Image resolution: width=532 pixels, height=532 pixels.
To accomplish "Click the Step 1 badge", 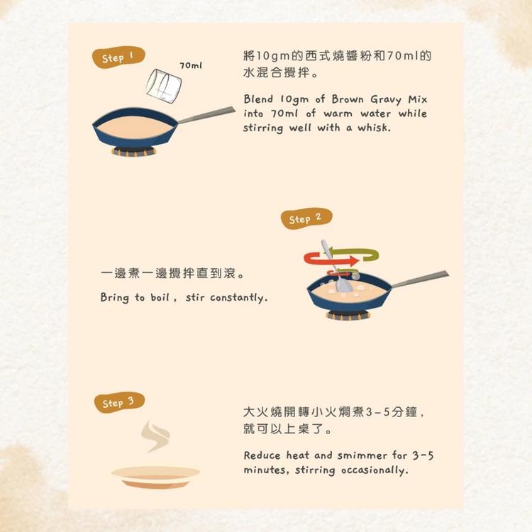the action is tap(118, 57).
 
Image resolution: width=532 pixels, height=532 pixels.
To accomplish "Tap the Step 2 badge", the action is tap(306, 218).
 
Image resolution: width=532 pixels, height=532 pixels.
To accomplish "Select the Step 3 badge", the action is tap(119, 403).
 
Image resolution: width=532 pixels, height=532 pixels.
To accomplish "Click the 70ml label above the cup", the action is tap(191, 65).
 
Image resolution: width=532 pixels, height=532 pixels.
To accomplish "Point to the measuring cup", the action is tap(164, 86).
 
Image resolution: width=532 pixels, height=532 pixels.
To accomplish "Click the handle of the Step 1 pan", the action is tap(206, 115).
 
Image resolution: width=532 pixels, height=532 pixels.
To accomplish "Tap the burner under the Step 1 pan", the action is tap(134, 151).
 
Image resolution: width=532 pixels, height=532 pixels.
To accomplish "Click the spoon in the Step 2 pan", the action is tap(336, 268).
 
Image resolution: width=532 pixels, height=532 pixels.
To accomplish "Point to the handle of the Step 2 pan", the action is tap(420, 279).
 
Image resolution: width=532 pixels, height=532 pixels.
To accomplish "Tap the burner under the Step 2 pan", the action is tap(348, 316).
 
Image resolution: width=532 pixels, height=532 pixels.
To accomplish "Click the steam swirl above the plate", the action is tap(155, 436).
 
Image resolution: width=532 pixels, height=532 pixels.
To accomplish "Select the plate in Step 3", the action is tap(156, 477).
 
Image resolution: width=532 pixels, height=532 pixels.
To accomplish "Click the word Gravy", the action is tap(386, 100).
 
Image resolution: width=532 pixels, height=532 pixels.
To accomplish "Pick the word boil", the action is tap(160, 297).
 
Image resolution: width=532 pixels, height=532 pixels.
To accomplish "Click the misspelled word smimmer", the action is tap(362, 455).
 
